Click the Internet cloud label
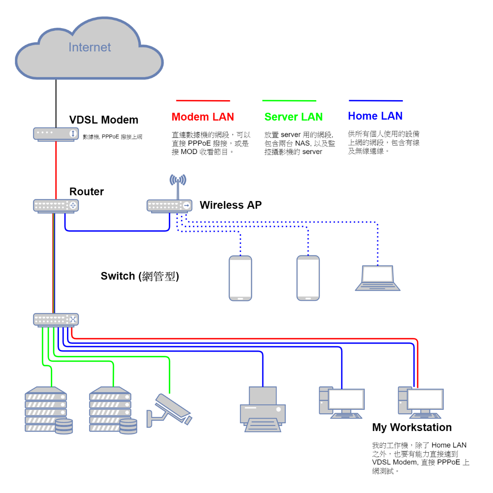tap(89, 47)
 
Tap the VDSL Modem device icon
tap(56, 134)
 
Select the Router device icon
tap(56, 206)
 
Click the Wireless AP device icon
tap(169, 206)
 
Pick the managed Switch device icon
tap(56, 320)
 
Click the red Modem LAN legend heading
tap(203, 117)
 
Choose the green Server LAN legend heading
tap(293, 117)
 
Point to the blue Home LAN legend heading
tap(375, 116)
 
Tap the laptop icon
tap(377, 278)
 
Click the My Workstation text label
tap(412, 428)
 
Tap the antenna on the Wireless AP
tap(178, 185)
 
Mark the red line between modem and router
tap(56, 169)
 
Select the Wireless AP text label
tap(231, 205)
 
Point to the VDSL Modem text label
tap(104, 120)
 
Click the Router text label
tap(87, 191)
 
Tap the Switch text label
tap(140, 276)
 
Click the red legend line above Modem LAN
tap(203, 101)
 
